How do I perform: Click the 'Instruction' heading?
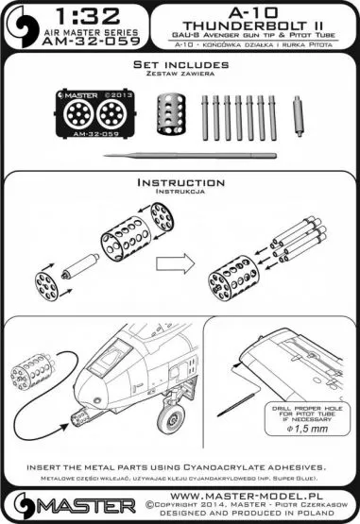(180, 181)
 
